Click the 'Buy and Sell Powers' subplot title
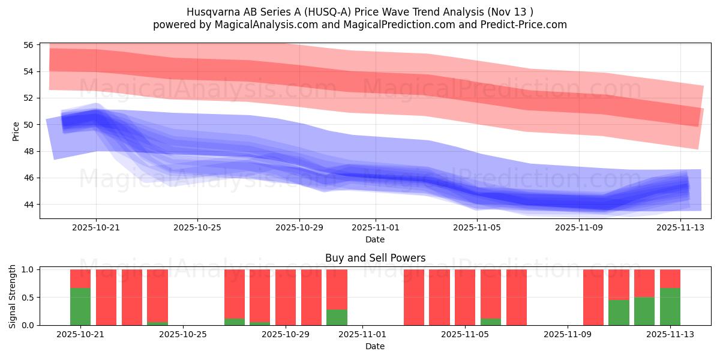pos(375,258)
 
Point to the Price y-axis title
pos(16,131)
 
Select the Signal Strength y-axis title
pos(13,296)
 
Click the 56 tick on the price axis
pos(29,45)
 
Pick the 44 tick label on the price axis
pos(29,205)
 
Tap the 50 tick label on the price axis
pos(29,125)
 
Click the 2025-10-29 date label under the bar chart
pos(285,335)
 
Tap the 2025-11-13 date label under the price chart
pos(680,228)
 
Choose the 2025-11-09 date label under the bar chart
pos(567,335)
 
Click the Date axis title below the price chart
pos(375,239)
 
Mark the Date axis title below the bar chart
pos(375,346)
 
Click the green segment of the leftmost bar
pos(80,307)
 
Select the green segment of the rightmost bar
pos(670,307)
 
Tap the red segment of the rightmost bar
pos(670,278)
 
